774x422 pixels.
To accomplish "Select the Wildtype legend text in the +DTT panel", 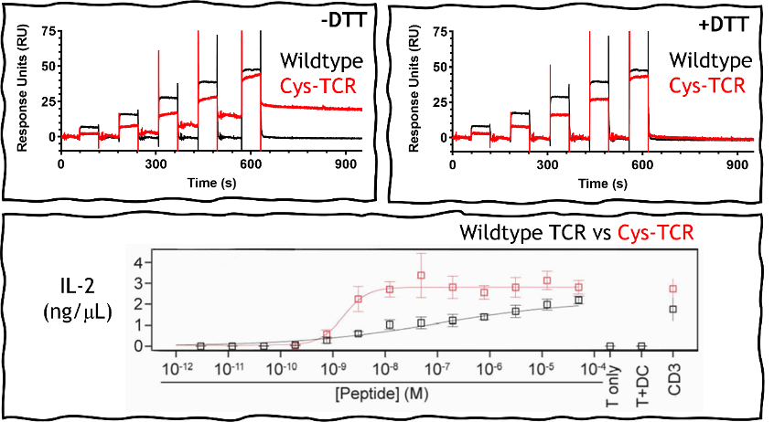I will click(x=711, y=60).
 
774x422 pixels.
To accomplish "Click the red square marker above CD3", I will click(x=673, y=289).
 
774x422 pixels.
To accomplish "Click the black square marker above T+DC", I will click(x=641, y=346).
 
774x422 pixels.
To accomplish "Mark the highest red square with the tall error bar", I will click(x=421, y=275).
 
